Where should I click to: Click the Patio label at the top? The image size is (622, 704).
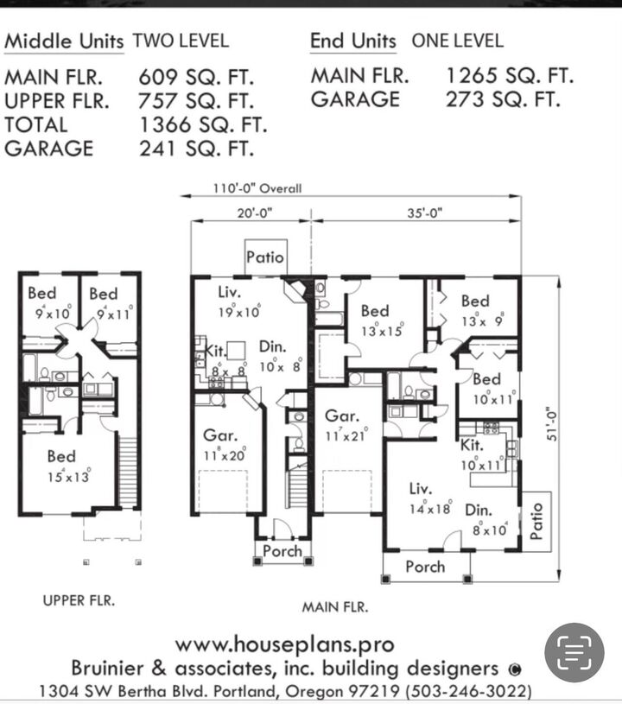(264, 257)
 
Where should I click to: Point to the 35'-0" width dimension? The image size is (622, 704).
(424, 213)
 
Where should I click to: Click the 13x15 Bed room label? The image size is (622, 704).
(374, 318)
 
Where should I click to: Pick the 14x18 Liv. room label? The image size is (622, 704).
(429, 498)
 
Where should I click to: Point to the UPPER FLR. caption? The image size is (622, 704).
(79, 599)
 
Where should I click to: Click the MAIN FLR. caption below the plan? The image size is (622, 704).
(334, 606)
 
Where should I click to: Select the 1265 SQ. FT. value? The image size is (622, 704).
(509, 76)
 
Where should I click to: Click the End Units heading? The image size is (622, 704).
(352, 41)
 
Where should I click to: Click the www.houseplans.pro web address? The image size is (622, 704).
(284, 644)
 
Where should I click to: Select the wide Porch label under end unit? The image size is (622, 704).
(425, 567)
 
